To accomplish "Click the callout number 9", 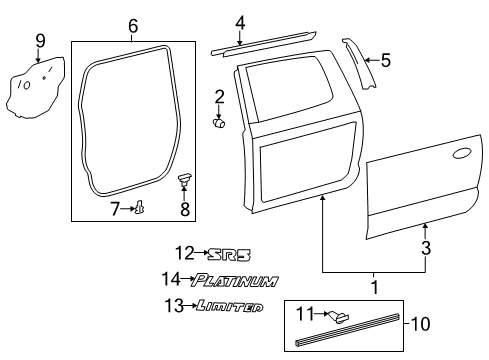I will [x=40, y=41].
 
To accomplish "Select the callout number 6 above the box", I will [x=132, y=26].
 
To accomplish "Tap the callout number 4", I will [x=239, y=23].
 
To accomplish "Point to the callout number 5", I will [x=385, y=61].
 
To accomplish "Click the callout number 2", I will [x=219, y=96].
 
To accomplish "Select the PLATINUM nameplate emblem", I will [x=235, y=281].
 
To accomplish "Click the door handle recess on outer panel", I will [x=461, y=154].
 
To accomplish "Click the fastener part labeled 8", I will [x=184, y=180].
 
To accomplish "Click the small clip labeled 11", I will [x=339, y=317].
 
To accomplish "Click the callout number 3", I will [x=426, y=247].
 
